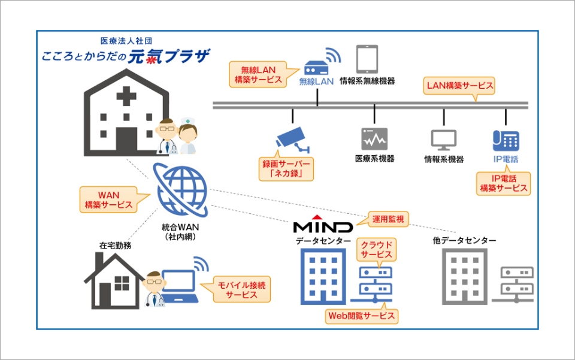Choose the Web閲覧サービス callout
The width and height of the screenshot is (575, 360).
362,315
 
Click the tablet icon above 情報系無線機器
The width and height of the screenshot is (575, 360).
367,59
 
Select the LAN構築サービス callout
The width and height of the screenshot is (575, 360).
460,86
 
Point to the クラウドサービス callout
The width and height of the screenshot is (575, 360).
376,249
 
